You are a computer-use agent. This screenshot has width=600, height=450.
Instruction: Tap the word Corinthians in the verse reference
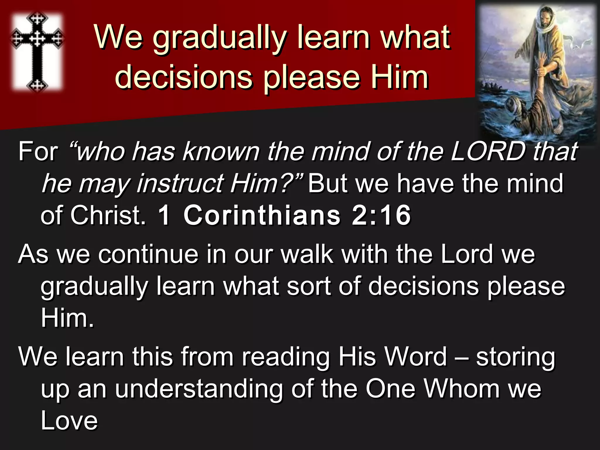[262, 215]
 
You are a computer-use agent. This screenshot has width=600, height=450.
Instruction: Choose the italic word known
[221, 152]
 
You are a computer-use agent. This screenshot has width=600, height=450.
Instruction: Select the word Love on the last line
[69, 421]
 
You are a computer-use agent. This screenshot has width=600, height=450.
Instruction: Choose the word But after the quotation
[328, 184]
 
